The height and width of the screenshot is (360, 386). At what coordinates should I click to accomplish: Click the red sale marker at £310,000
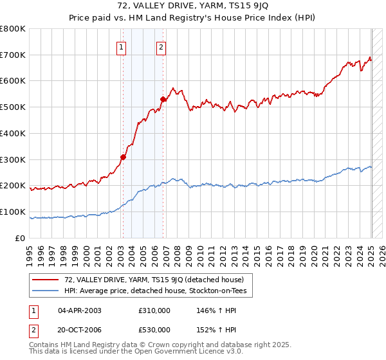pyautogui.click(x=123, y=156)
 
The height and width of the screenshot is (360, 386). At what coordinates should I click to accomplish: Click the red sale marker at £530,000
pyautogui.click(x=163, y=99)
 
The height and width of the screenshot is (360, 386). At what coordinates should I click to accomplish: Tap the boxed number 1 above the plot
pyautogui.click(x=122, y=46)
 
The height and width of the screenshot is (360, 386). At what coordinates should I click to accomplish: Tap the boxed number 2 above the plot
pyautogui.click(x=161, y=46)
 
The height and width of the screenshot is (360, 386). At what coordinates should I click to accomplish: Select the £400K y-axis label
pyautogui.click(x=14, y=133)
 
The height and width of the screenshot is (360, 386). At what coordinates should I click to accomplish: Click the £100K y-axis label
pyautogui.click(x=14, y=212)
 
